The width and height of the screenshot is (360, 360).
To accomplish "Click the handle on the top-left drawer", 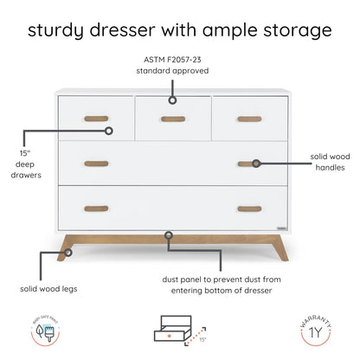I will click(97, 119).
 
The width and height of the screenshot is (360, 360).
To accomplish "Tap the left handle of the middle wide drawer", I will click(97, 164).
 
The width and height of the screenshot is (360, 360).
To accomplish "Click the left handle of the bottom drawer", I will click(97, 208).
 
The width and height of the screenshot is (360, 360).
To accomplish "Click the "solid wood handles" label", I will click(331, 163).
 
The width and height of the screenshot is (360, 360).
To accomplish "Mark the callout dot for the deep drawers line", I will click(110, 132).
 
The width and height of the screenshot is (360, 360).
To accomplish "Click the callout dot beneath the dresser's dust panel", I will click(168, 234).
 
